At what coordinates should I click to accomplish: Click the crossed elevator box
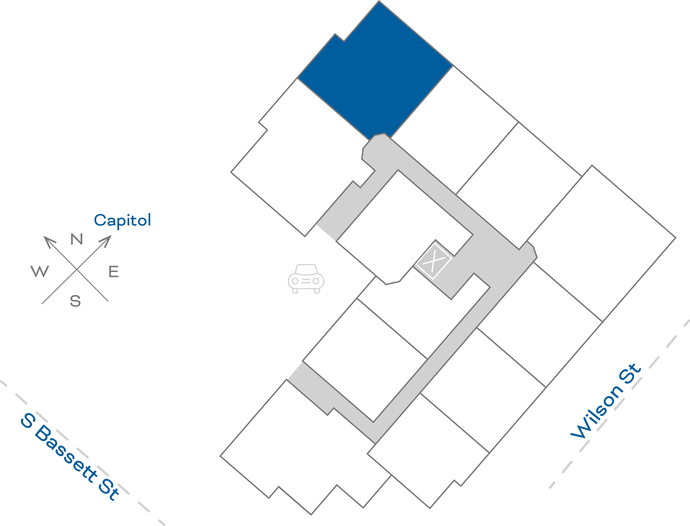pos(434,261)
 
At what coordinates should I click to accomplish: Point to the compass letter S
pos(75,301)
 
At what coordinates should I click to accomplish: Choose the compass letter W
pos(40,271)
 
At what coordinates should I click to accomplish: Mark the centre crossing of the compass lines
pos(77,269)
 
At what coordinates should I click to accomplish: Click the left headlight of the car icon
pos(295,281)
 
